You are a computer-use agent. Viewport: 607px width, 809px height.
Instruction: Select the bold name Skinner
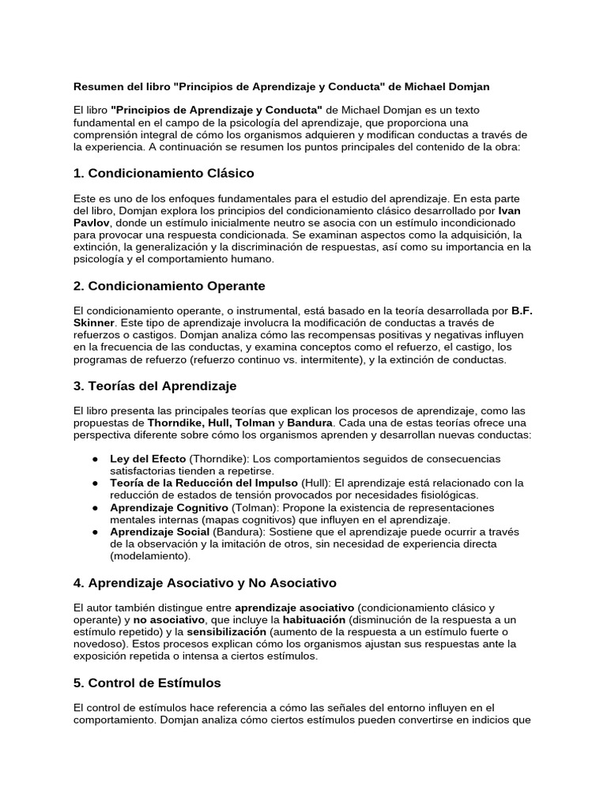click(94, 324)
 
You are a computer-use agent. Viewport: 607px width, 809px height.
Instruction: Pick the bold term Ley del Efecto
click(148, 459)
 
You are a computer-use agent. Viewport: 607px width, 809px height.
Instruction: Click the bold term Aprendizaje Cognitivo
click(169, 508)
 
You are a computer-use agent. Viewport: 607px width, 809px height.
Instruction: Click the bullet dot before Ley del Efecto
click(95, 459)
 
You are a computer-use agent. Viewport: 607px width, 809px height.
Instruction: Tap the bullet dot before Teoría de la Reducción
click(95, 484)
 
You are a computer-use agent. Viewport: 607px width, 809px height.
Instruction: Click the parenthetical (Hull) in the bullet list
click(313, 484)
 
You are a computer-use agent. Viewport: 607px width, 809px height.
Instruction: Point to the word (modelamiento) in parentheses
click(150, 557)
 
